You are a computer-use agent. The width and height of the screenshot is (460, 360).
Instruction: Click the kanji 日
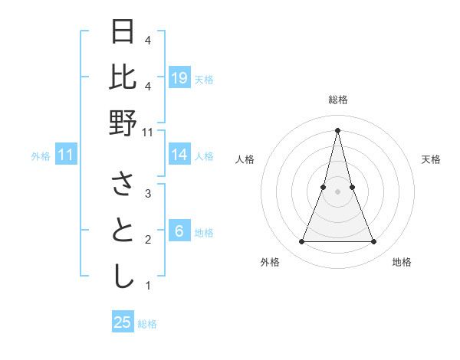click(123, 32)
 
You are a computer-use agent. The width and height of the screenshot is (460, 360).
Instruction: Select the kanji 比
click(123, 77)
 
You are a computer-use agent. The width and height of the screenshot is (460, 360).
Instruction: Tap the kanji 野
click(123, 123)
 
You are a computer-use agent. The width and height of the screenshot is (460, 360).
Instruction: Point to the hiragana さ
click(123, 185)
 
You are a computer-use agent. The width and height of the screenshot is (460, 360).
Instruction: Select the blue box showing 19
click(179, 78)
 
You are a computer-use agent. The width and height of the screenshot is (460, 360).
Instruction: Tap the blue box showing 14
click(179, 155)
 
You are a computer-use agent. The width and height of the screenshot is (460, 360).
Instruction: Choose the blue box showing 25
click(123, 322)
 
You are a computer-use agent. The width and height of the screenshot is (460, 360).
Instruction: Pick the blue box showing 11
click(66, 155)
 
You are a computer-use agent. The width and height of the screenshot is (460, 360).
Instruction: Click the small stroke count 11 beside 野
click(149, 132)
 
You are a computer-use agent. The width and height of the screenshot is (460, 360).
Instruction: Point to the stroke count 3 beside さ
click(148, 194)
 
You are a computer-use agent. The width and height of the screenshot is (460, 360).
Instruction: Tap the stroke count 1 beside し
click(148, 286)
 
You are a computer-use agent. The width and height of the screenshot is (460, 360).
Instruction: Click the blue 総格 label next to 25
click(147, 324)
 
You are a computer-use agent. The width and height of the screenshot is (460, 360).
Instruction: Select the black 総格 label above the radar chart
click(338, 100)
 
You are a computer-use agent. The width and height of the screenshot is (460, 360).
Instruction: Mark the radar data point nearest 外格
click(301, 242)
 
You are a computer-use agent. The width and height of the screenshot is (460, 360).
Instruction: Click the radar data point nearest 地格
click(374, 242)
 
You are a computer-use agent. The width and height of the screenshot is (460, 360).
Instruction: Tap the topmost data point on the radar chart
click(338, 129)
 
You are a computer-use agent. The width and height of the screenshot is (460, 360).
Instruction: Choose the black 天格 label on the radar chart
click(431, 159)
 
